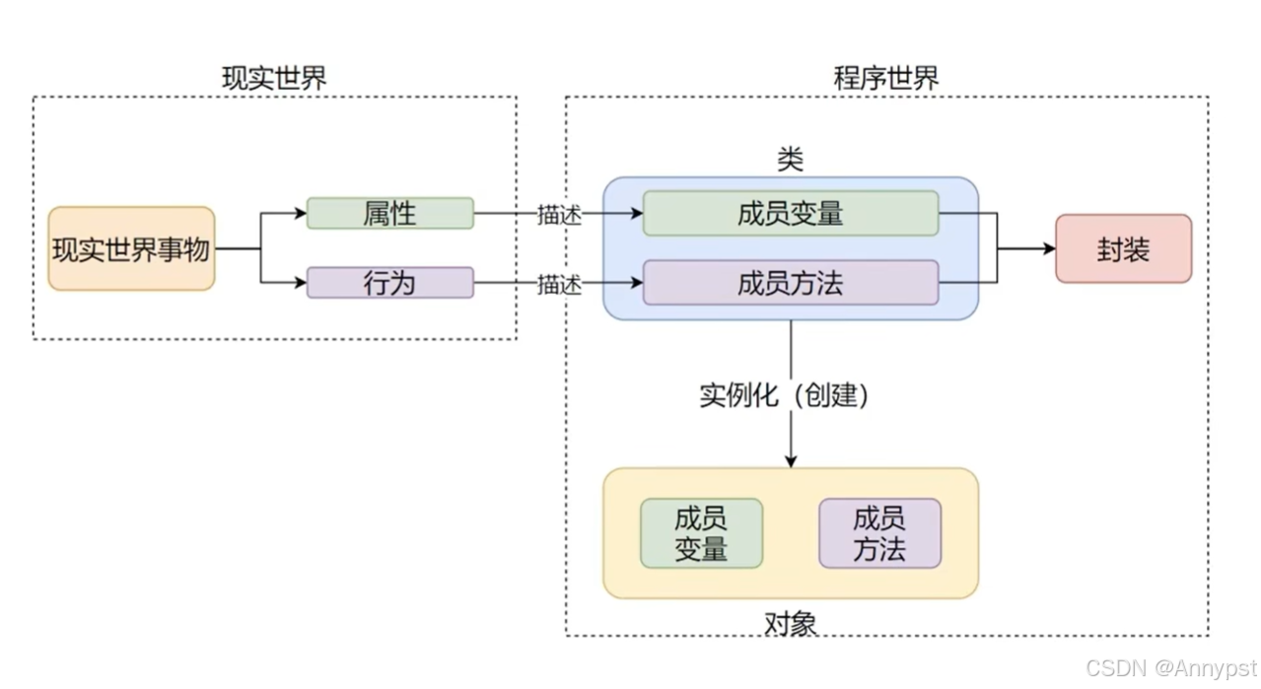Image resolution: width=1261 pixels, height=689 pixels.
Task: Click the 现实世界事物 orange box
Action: (x=131, y=248)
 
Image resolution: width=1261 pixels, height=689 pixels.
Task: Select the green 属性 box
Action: (x=389, y=213)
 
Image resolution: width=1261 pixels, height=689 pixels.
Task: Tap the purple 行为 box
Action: (x=389, y=283)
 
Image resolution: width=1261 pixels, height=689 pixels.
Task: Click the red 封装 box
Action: (x=1123, y=248)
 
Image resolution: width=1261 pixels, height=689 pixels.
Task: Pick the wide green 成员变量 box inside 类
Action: (x=790, y=213)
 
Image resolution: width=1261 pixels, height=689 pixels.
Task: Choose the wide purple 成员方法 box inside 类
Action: (x=790, y=283)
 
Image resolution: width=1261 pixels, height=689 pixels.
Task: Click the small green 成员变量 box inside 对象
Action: (x=701, y=533)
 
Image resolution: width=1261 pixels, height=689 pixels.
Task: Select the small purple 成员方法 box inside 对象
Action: (x=879, y=533)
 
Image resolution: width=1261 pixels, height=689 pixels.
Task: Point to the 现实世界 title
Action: (x=274, y=79)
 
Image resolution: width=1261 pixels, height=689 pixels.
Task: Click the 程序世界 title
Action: (x=886, y=79)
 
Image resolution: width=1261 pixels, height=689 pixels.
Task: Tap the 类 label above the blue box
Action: (x=790, y=160)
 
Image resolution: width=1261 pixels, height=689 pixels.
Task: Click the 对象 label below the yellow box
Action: (x=790, y=622)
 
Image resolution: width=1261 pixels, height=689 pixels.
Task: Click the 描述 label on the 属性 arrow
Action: (x=559, y=214)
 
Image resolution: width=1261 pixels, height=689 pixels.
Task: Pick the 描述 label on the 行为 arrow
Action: (x=559, y=284)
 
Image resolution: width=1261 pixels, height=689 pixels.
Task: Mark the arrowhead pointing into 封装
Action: (x=1048, y=248)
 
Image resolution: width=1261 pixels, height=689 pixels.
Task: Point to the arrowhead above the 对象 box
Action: (x=790, y=460)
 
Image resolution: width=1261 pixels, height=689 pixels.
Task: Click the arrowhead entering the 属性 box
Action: (x=300, y=213)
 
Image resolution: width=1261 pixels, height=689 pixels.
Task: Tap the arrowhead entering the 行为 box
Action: (x=300, y=283)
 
